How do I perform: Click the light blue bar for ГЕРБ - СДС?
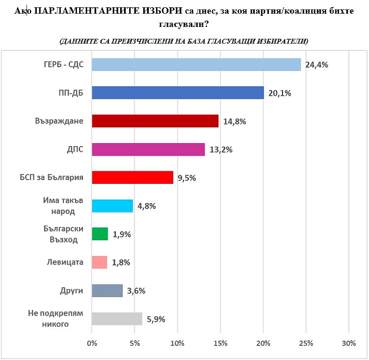pyautogui.click(x=196, y=65)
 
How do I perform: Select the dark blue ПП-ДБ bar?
pyautogui.click(x=178, y=93)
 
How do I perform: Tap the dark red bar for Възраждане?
pyautogui.click(x=155, y=121)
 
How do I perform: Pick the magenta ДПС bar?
pyautogui.click(x=148, y=149)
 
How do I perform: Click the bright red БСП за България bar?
pyautogui.click(x=133, y=177)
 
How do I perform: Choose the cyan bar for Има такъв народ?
pyautogui.click(x=112, y=206)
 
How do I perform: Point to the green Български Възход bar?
pyautogui.click(x=100, y=234)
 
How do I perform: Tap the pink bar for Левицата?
pyautogui.click(x=100, y=262)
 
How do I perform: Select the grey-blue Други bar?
pyautogui.click(x=107, y=291)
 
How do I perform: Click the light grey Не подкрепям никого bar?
pyautogui.click(x=117, y=319)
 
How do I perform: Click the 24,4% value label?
pyautogui.click(x=316, y=65)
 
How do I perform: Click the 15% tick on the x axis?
pyautogui.click(x=220, y=344)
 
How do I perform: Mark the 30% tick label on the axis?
pyautogui.click(x=349, y=344)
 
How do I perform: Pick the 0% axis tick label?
pyautogui.click(x=92, y=344)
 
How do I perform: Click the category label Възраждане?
pyautogui.click(x=59, y=121)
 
